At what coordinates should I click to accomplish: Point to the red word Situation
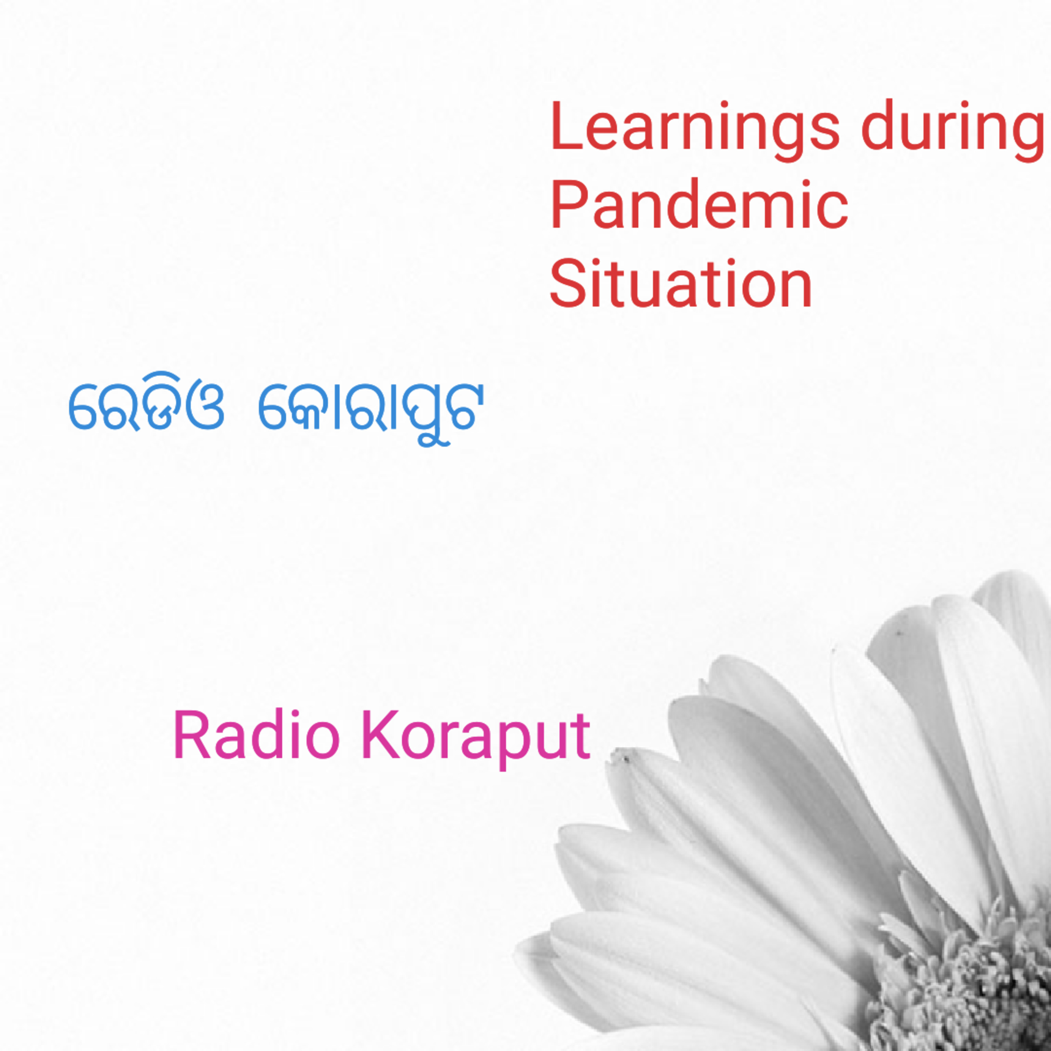(681, 284)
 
